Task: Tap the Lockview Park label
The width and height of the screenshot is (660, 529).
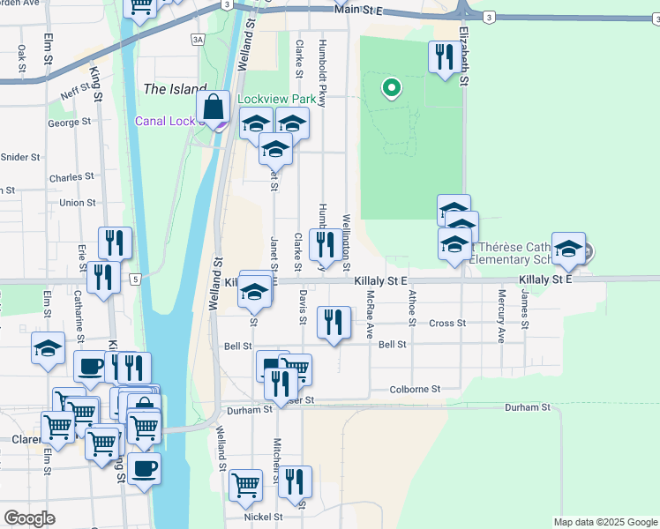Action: [276, 100]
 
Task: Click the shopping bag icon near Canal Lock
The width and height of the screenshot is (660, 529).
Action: [214, 108]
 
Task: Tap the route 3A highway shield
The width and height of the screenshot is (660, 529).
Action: [198, 40]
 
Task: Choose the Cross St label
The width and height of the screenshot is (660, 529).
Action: [446, 324]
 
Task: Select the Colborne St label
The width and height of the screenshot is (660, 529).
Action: [416, 389]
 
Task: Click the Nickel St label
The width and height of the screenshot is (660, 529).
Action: [264, 518]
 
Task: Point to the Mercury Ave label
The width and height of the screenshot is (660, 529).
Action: [500, 316]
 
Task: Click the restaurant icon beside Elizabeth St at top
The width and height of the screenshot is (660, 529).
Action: [441, 57]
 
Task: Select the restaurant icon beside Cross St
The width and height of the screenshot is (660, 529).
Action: [333, 322]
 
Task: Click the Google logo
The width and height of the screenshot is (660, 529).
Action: [29, 518]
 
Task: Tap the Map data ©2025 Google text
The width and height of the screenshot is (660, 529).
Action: [604, 522]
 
